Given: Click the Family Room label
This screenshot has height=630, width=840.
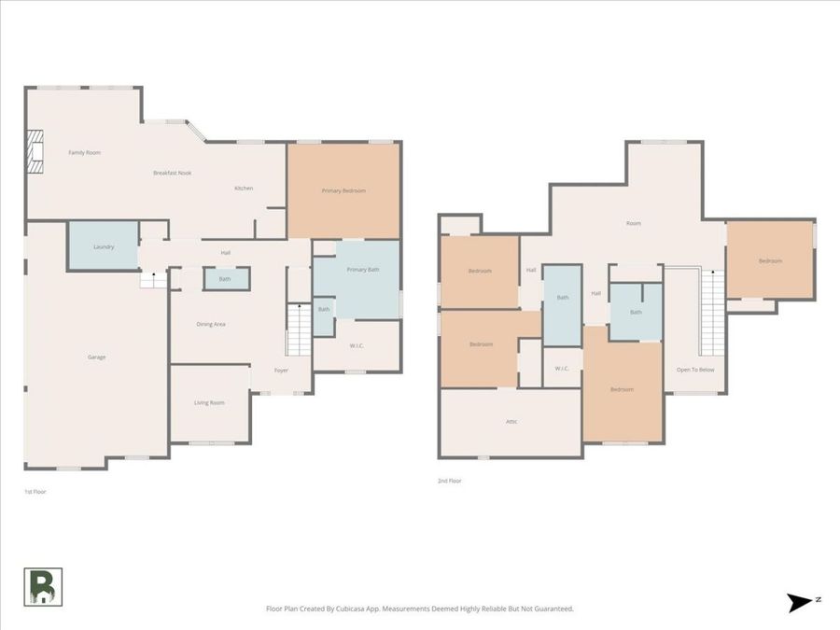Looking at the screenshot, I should (84, 152).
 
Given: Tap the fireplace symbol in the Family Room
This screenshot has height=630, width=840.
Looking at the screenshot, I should (35, 151).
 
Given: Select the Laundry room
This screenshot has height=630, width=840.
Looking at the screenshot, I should (103, 246).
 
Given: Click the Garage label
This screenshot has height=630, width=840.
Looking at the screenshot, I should (96, 357).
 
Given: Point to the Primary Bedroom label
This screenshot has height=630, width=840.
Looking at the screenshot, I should (343, 190).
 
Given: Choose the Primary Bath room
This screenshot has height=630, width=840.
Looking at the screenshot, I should (362, 270).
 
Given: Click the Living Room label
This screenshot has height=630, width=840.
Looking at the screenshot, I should (209, 402).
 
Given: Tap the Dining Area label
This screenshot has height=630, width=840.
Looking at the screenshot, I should (210, 324).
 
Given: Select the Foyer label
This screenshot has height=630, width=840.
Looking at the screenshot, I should (281, 371).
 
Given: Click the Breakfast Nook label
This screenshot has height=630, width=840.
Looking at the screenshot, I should (173, 173).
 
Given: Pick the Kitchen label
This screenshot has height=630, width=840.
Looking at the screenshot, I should (244, 188).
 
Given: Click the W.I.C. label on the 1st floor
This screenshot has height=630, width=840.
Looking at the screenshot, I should (357, 346).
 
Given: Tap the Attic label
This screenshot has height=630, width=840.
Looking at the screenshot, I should (511, 421).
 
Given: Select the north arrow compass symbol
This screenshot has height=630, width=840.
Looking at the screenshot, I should (800, 602).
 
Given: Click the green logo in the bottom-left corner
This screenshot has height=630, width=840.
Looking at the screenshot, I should (43, 586).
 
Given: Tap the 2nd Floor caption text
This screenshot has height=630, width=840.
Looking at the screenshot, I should (450, 481).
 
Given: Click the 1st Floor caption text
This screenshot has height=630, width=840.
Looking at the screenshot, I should (35, 490).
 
